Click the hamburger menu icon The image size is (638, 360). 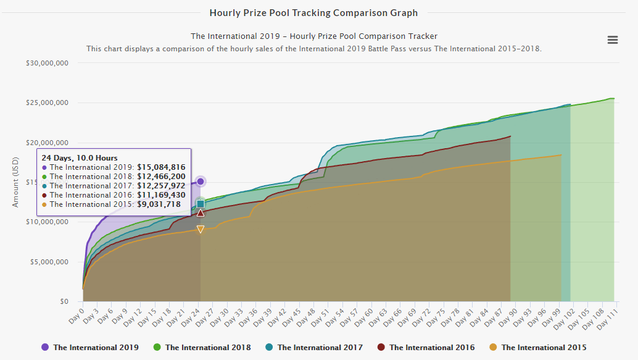(613, 40)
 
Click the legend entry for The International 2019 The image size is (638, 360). (89, 348)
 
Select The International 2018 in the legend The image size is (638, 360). (202, 348)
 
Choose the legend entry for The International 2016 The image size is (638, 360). (426, 348)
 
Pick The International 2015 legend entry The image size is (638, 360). (537, 348)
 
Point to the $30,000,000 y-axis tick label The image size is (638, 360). (48, 63)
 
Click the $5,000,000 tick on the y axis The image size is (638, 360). (49, 262)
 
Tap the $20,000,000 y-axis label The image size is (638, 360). (48, 143)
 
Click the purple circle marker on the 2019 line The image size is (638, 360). (201, 182)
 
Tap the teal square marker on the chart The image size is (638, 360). (201, 204)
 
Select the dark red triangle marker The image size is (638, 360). (201, 213)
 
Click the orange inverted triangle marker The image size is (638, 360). (201, 229)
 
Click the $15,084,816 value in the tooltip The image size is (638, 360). (162, 167)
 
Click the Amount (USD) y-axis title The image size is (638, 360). (16, 182)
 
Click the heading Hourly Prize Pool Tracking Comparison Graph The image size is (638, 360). (313, 12)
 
